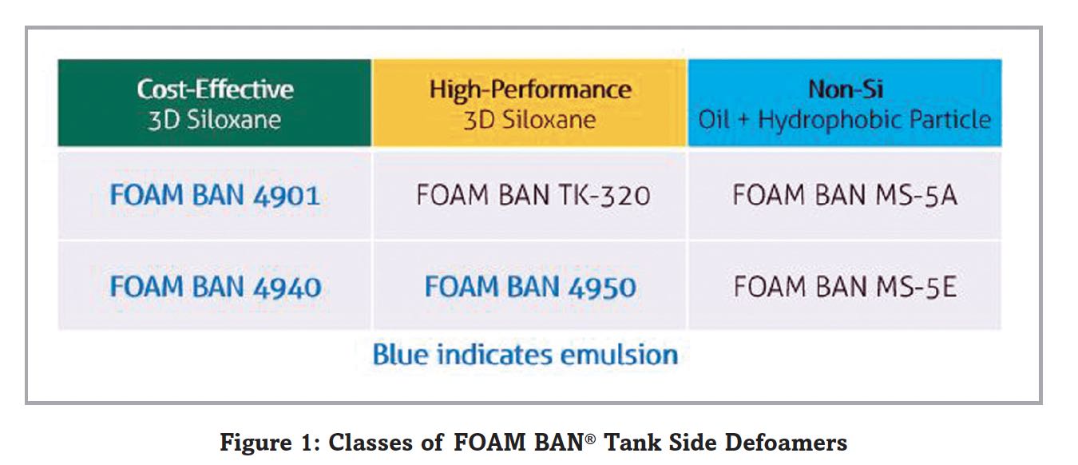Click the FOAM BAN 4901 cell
(215, 196)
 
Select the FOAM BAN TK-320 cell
(530, 196)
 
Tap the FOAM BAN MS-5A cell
(845, 196)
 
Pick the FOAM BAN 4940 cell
(215, 286)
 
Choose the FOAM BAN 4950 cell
(530, 286)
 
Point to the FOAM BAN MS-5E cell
(845, 286)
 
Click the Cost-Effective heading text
(215, 89)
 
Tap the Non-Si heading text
(846, 89)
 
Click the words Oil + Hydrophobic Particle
(845, 120)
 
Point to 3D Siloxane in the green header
(215, 120)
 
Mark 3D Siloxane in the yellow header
(530, 120)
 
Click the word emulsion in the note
(619, 355)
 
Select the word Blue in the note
(400, 355)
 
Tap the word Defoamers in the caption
(786, 443)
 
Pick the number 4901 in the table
(287, 196)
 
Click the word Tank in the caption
(625, 443)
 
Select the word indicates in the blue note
(493, 355)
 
